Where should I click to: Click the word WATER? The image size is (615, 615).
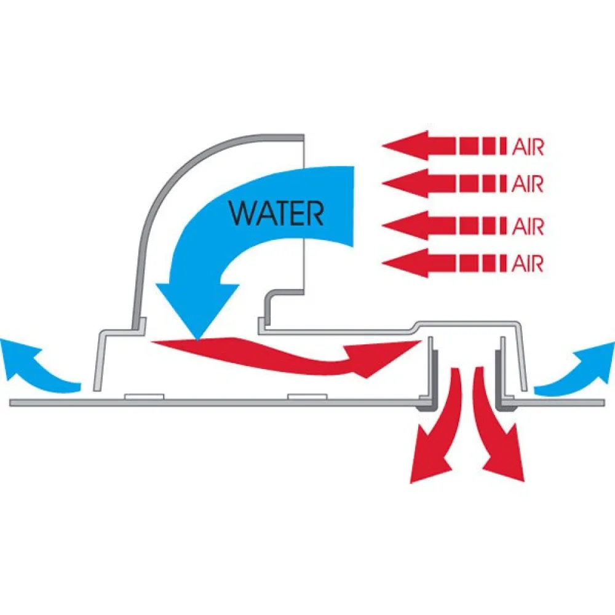276,213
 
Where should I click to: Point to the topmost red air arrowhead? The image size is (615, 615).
403,146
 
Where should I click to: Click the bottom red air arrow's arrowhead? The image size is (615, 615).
403,263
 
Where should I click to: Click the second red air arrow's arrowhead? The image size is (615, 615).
403,183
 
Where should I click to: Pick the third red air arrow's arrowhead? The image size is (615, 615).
403,226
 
